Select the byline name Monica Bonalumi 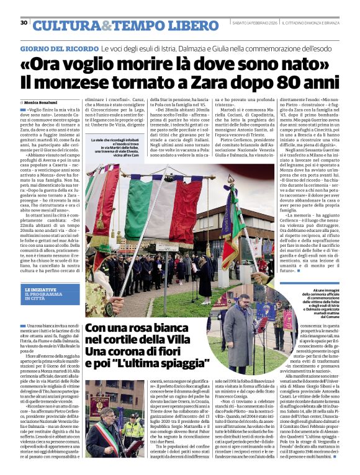coord(40,102)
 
